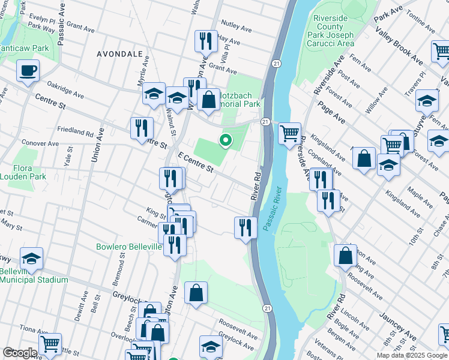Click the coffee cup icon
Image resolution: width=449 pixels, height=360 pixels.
28,71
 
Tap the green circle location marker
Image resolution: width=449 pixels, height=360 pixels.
226,141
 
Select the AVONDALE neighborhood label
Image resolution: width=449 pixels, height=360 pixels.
120,53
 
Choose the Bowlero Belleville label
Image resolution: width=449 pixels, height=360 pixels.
129,247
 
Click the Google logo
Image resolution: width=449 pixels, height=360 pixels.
20,352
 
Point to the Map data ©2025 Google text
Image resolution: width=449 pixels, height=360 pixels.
411,355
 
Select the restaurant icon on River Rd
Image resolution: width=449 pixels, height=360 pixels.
245,227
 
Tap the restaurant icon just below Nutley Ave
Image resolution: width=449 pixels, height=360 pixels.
206,41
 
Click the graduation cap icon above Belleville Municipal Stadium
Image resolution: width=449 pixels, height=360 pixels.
31,259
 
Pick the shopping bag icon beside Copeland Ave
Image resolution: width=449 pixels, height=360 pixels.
364,159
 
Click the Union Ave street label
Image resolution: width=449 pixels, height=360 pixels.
95,147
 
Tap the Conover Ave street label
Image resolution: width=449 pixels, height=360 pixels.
40,144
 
